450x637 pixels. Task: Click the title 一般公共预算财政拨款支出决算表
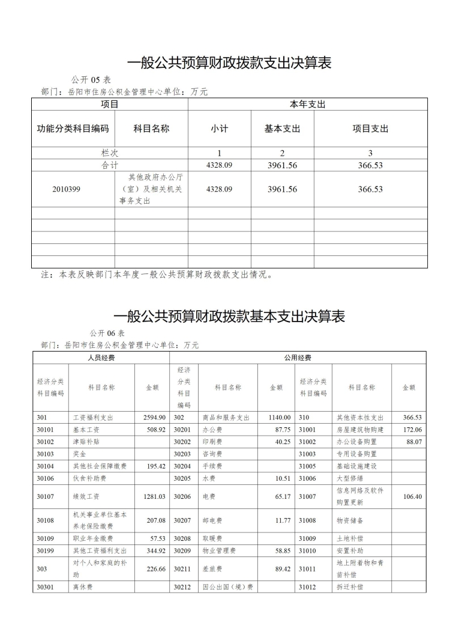[230, 63]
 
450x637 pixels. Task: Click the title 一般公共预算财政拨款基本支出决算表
[229, 317]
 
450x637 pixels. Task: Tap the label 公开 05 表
[91, 80]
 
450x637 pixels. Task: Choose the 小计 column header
[219, 129]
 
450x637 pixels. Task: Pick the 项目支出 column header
[370, 129]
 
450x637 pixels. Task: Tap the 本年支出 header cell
[307, 105]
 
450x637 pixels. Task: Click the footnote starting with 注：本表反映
[157, 275]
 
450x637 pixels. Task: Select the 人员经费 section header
[101, 358]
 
